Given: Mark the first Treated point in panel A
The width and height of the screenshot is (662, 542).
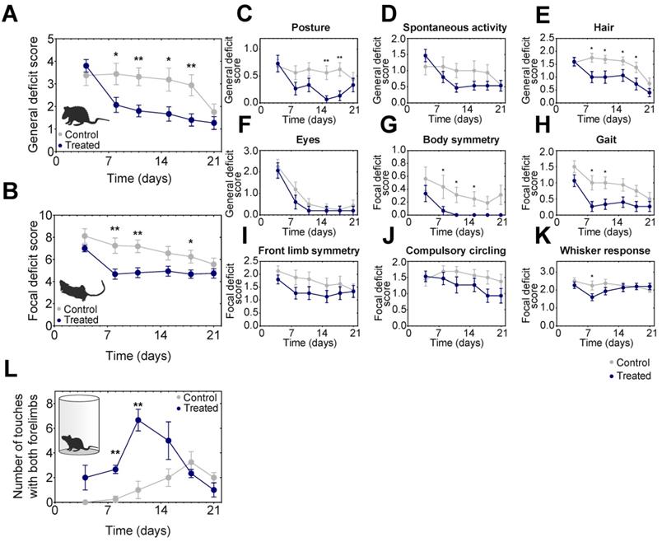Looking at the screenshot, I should (x=86, y=65).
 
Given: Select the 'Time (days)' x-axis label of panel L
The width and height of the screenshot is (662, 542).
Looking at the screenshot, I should (x=133, y=529).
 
